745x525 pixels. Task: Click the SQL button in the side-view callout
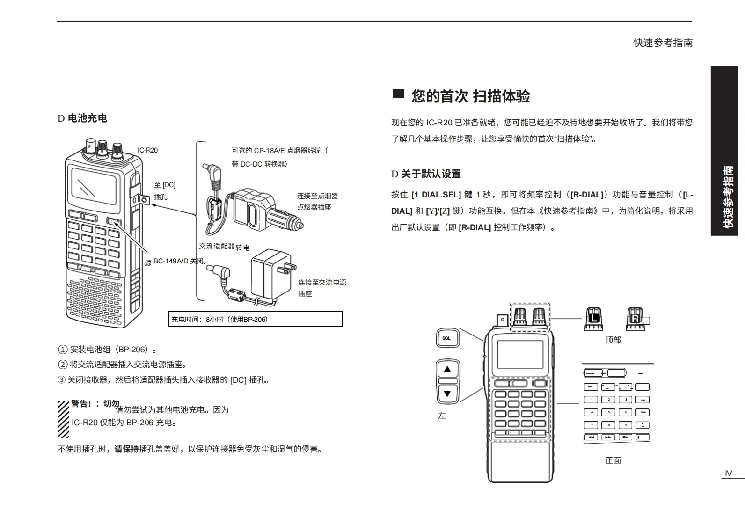[x=447, y=338]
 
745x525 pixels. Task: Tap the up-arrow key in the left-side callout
[x=447, y=369]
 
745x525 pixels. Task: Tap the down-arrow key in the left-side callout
[x=447, y=394]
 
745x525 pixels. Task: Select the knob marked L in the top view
[x=593, y=318]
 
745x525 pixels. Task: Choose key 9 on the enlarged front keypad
[x=625, y=425]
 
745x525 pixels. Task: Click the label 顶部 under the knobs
[x=613, y=340]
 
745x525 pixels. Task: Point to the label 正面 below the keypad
[x=613, y=460]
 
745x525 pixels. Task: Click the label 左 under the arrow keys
[x=442, y=416]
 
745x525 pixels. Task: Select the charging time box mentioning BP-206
[x=256, y=319]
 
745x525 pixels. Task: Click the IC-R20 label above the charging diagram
[x=147, y=150]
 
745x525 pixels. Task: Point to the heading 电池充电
[x=87, y=118]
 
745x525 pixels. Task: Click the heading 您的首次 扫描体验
[x=470, y=96]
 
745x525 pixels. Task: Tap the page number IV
[x=728, y=474]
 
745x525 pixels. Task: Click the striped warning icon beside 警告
[x=64, y=419]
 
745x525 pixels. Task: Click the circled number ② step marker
[x=63, y=365]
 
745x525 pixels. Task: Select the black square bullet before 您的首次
[x=398, y=94]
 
